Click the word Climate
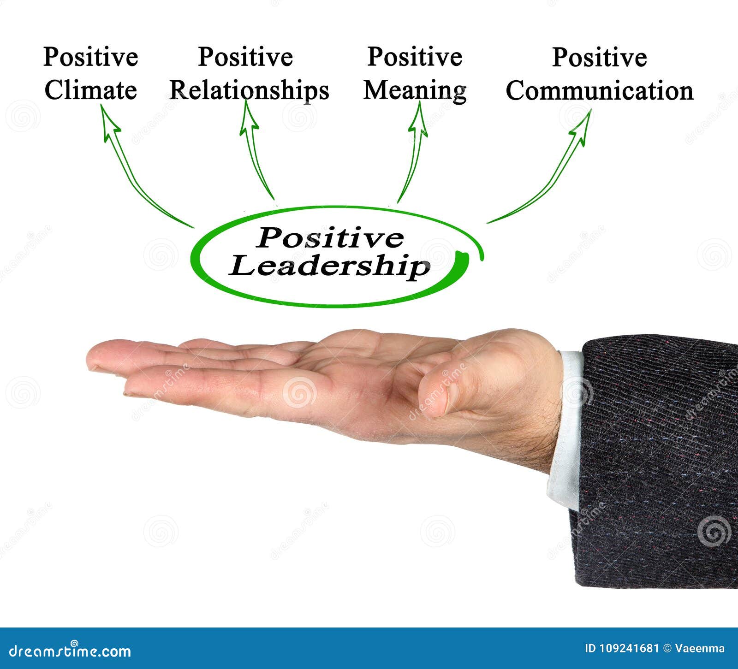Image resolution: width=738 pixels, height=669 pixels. pos(90,90)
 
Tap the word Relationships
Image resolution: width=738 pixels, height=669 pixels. pos(249,90)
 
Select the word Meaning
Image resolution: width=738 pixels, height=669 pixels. pos(415,90)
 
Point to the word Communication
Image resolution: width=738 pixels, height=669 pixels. pos(600,90)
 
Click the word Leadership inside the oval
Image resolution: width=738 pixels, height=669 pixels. pos(330,266)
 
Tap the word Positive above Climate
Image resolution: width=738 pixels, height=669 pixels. pos(90,57)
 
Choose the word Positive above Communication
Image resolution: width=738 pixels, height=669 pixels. pos(600,58)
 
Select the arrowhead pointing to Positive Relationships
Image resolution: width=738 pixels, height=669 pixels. pos(249,118)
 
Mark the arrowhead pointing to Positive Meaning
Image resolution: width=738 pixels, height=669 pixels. pos(418,119)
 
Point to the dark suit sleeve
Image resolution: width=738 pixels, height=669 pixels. pos(655,461)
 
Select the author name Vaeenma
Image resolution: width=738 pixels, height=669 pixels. pos(700,649)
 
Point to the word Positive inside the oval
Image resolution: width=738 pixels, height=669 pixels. pos(330,238)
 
